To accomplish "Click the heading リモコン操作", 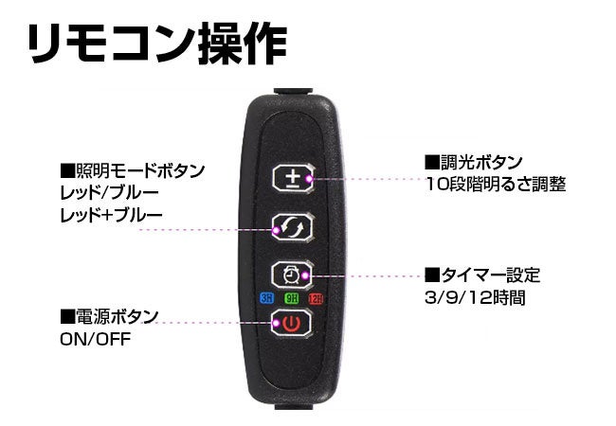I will click(155, 44).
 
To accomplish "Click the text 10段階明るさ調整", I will click(496, 185).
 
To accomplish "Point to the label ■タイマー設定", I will click(482, 275).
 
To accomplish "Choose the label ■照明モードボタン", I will click(132, 171).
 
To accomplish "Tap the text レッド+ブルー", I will click(110, 215).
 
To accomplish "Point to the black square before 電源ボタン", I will click(66, 316).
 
